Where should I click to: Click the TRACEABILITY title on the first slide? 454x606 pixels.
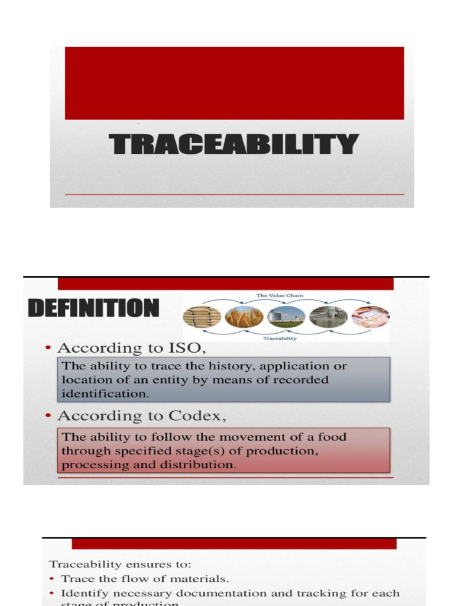[x=234, y=145]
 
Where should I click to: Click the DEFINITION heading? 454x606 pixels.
[x=93, y=309]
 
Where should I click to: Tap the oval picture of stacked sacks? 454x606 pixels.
[x=202, y=317]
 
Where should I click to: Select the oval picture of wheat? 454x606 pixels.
[x=244, y=317]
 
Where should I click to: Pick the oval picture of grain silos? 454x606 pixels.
[x=286, y=317]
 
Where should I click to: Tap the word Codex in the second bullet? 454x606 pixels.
[x=202, y=416]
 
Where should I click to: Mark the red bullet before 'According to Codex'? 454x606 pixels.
[x=47, y=417]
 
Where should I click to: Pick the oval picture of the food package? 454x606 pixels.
[x=371, y=317]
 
